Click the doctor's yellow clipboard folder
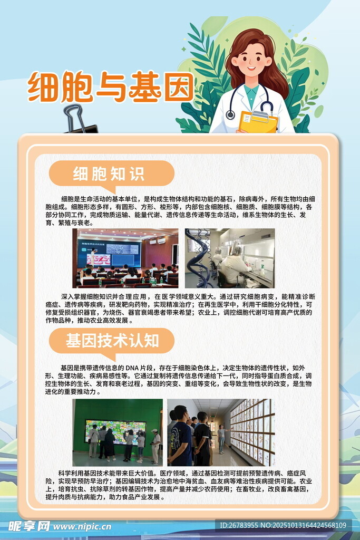[258, 122]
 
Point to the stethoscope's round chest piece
[230, 114]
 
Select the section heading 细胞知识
[109, 173]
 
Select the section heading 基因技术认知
[112, 341]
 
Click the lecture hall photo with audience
[125, 258]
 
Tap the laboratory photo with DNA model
[230, 258]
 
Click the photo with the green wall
[118, 432]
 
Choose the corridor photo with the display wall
[221, 432]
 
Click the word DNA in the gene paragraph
[132, 368]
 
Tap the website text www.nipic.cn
[82, 527]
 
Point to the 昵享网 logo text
[29, 526]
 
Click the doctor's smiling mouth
[251, 68]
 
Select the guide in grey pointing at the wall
[222, 438]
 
